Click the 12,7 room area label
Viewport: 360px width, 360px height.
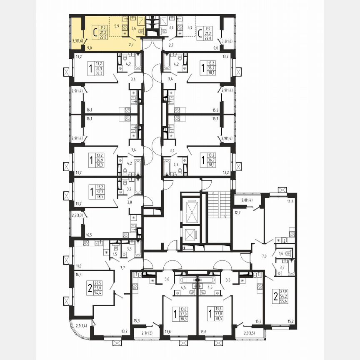(x=238, y=212)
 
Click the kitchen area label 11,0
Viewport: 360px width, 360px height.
(x=78, y=266)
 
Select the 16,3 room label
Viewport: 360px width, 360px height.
(x=79, y=275)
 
